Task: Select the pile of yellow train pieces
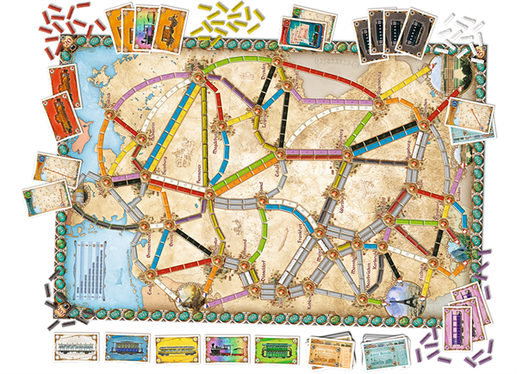pyautogui.click(x=227, y=20)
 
